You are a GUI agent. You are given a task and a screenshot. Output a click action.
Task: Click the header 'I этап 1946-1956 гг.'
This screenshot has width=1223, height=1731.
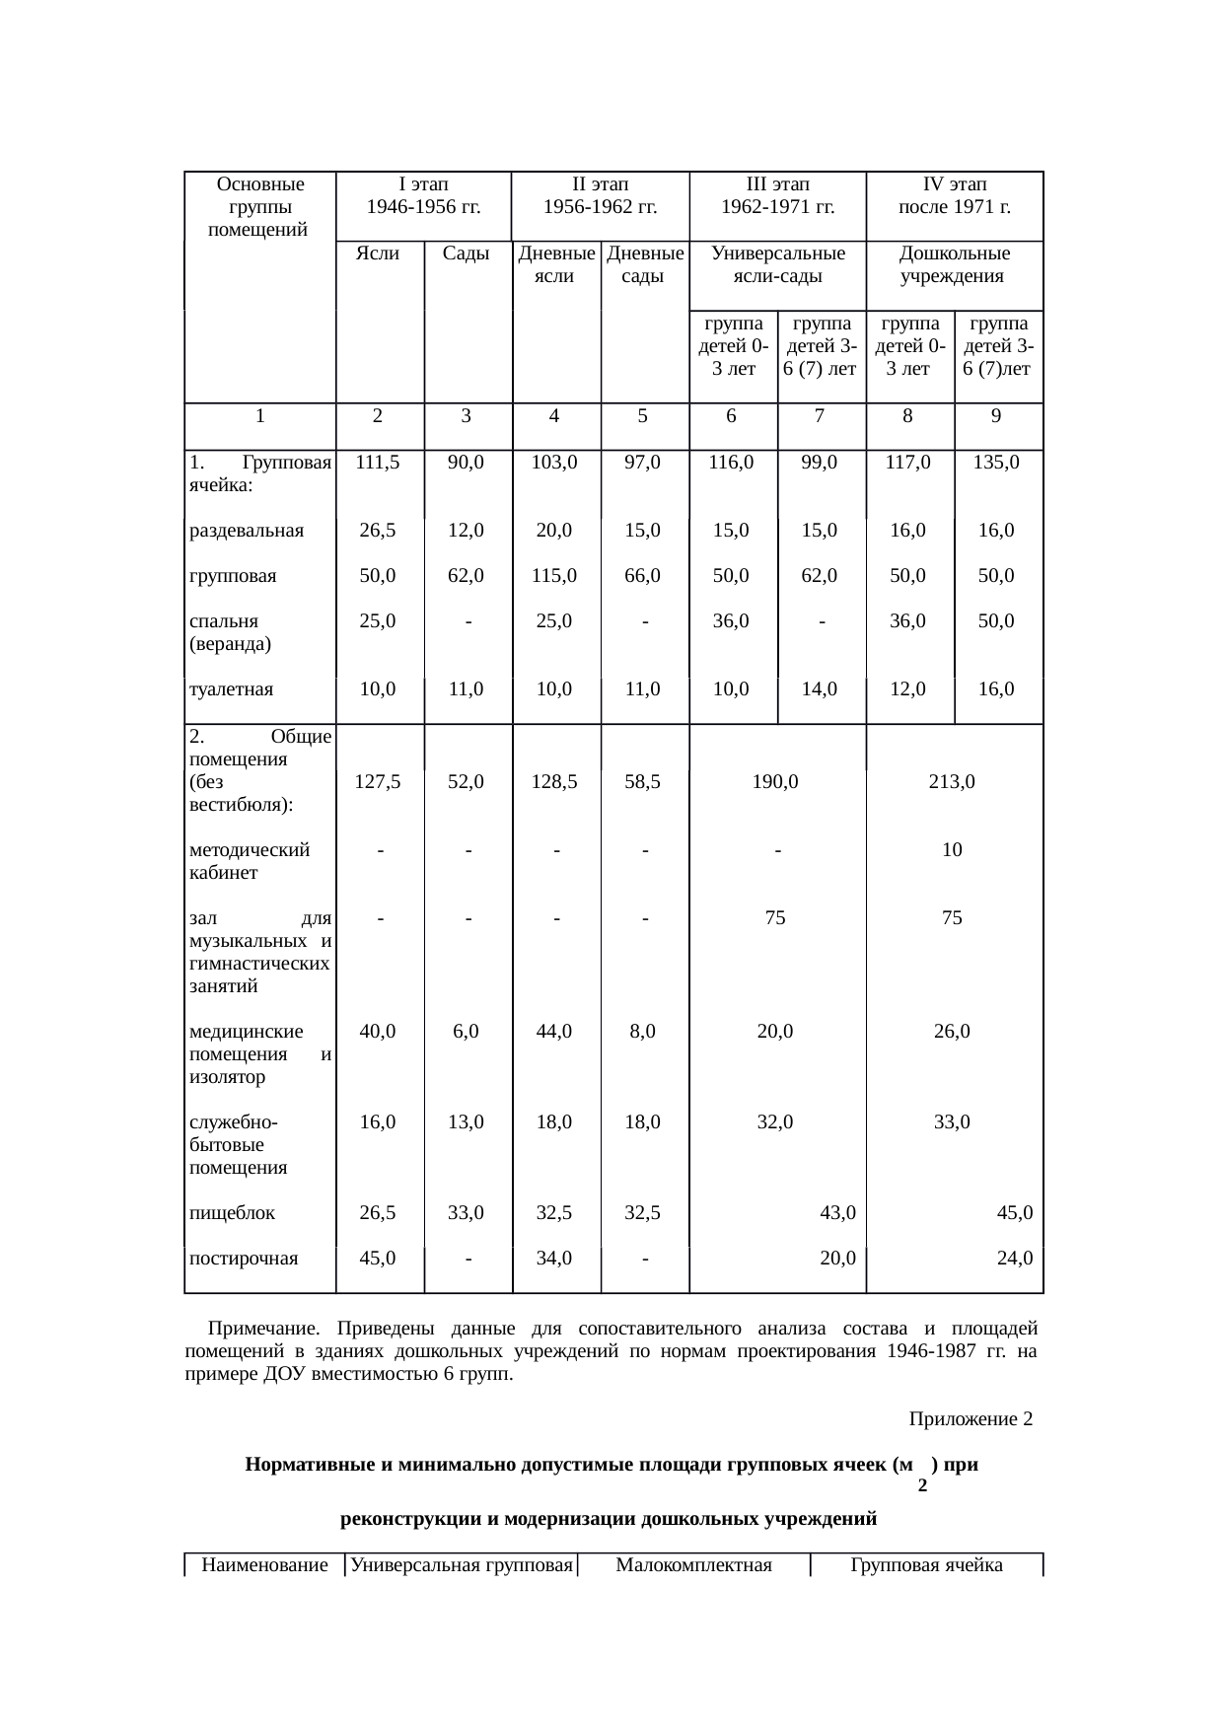tap(423, 195)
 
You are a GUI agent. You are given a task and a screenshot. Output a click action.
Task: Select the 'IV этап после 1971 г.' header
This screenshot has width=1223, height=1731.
tap(954, 195)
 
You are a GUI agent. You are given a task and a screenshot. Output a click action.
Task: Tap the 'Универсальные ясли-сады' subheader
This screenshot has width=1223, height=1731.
tap(777, 264)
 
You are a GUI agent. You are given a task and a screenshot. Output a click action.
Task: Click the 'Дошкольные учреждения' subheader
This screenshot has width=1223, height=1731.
tap(954, 264)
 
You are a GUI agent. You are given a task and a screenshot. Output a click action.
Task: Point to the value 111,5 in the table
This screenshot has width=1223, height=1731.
tap(379, 462)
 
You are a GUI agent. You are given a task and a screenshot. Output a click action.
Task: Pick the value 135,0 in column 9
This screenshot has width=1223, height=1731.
tap(996, 462)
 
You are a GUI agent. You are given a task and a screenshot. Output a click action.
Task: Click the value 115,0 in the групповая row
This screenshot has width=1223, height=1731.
tap(554, 576)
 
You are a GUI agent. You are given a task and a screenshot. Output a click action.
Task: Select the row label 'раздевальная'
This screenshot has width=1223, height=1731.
tap(246, 531)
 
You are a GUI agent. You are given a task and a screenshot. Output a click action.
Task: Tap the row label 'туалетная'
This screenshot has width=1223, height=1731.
tap(231, 689)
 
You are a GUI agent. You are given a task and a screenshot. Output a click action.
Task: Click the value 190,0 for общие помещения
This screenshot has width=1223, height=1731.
tap(775, 782)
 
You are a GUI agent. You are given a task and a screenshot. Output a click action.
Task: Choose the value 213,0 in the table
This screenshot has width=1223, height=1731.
tap(952, 782)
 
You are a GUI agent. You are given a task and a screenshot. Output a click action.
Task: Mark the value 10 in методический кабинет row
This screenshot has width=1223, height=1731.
tap(952, 850)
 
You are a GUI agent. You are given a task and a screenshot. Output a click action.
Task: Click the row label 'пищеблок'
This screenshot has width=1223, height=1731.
tap(232, 1213)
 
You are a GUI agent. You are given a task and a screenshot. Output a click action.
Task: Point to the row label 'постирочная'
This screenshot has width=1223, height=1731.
tap(243, 1259)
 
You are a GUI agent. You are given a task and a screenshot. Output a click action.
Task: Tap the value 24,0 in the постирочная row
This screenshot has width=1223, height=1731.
tap(1015, 1259)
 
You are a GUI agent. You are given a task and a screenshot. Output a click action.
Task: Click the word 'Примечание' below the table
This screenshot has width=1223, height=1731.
tap(263, 1328)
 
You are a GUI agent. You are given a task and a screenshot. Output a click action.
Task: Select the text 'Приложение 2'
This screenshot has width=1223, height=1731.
tap(971, 1419)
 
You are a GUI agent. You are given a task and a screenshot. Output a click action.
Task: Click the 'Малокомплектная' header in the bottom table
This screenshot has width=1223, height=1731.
tap(692, 1565)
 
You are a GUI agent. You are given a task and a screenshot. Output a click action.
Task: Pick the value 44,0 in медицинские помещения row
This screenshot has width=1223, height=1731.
tap(554, 1032)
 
